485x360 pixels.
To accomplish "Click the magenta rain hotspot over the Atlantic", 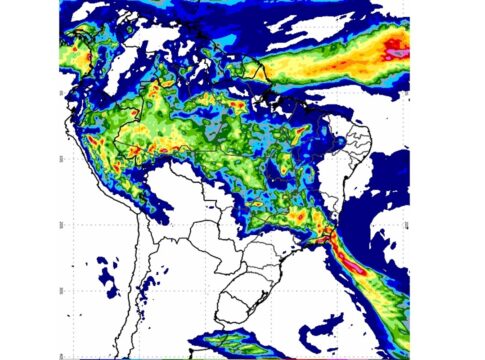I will click(x=397, y=44).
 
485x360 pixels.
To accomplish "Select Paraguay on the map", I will click(x=236, y=234).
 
